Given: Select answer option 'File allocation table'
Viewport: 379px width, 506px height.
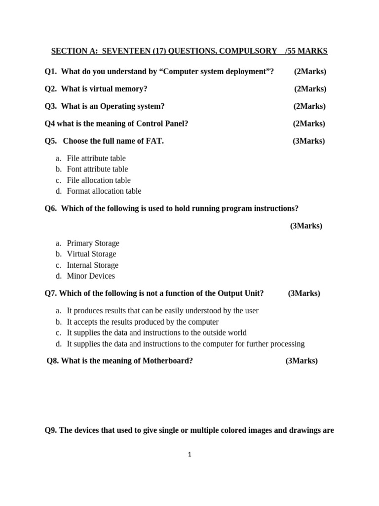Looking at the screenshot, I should (99, 180).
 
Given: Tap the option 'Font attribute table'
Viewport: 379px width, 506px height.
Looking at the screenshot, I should (97, 169).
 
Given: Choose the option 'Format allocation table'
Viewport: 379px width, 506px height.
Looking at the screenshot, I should (104, 191).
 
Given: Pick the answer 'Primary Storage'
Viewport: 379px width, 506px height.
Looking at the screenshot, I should (93, 243).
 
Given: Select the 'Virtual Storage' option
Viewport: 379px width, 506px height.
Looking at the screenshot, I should (91, 254).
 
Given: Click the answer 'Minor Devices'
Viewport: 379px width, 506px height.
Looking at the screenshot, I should (91, 276).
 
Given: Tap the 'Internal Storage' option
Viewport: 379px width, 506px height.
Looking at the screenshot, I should (92, 265).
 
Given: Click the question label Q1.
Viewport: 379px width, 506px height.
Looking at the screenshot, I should (50, 72).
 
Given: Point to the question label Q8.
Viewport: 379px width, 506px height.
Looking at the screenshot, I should (53, 361).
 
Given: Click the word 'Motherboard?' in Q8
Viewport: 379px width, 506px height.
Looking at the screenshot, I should (168, 361).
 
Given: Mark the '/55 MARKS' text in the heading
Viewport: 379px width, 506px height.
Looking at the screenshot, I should (306, 51).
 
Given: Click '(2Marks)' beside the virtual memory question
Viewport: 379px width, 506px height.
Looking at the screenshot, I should (310, 89).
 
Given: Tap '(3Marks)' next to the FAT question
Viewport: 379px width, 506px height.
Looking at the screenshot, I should (309, 141).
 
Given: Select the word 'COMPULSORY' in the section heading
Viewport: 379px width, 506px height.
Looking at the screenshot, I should (251, 51).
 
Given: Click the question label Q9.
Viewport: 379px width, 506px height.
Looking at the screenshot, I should (51, 430).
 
